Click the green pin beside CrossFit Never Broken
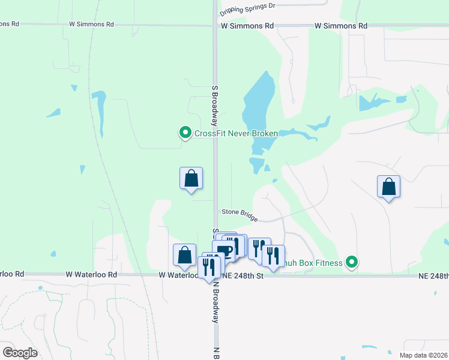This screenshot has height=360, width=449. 185,133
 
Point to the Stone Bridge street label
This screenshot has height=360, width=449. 240,214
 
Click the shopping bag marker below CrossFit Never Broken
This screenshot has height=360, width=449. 191,179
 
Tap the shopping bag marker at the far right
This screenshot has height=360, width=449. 389,187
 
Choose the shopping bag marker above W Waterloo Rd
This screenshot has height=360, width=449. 184,256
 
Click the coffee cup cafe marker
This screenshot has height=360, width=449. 224,251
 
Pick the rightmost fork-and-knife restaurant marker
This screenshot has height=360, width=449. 273,256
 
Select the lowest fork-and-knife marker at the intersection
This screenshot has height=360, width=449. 209,268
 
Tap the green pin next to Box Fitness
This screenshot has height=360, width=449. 352,262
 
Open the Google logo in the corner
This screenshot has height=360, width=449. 20,352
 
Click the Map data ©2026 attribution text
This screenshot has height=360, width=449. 423,355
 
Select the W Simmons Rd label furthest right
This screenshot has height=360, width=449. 342,26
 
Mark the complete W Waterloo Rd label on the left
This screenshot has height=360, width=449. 92,274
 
